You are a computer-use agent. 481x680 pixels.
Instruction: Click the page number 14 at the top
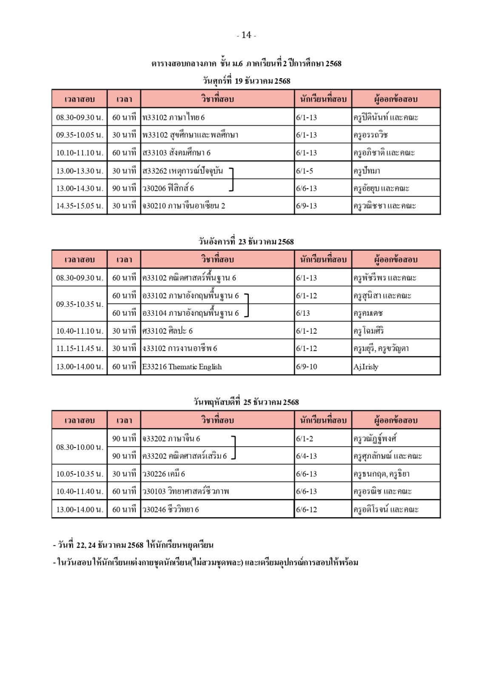[246, 35]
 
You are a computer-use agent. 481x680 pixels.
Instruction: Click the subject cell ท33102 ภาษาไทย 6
[174, 117]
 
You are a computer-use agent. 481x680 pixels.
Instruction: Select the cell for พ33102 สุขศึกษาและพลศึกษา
[191, 135]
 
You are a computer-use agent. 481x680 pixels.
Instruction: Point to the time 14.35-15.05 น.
[80, 206]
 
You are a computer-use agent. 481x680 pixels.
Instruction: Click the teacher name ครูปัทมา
[367, 171]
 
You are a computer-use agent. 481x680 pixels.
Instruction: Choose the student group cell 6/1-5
[305, 171]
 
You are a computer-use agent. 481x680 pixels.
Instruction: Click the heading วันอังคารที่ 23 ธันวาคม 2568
[246, 242]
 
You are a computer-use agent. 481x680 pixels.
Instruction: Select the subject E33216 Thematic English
[182, 366]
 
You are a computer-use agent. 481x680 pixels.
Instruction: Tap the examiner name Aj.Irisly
[366, 366]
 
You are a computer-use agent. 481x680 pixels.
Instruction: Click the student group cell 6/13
[303, 313]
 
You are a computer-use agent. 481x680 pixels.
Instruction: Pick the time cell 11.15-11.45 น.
[80, 348]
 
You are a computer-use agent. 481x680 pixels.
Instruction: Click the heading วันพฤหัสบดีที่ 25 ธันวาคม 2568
[246, 402]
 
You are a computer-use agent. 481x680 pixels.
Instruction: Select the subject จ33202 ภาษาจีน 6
[171, 439]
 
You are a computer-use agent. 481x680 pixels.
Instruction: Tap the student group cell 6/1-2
[305, 439]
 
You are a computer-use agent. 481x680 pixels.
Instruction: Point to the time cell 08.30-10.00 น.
[80, 447]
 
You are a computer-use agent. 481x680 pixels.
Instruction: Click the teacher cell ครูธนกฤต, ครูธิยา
[381, 474]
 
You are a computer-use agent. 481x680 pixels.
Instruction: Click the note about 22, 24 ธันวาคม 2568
[133, 545]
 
